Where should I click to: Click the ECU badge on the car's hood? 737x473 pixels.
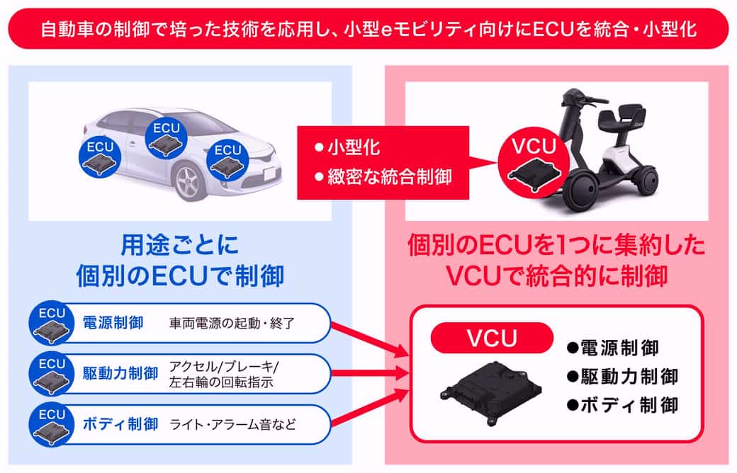pos(227,159)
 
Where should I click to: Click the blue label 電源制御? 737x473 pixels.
pos(113,323)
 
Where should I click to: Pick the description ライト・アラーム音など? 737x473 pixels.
pos(232,426)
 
